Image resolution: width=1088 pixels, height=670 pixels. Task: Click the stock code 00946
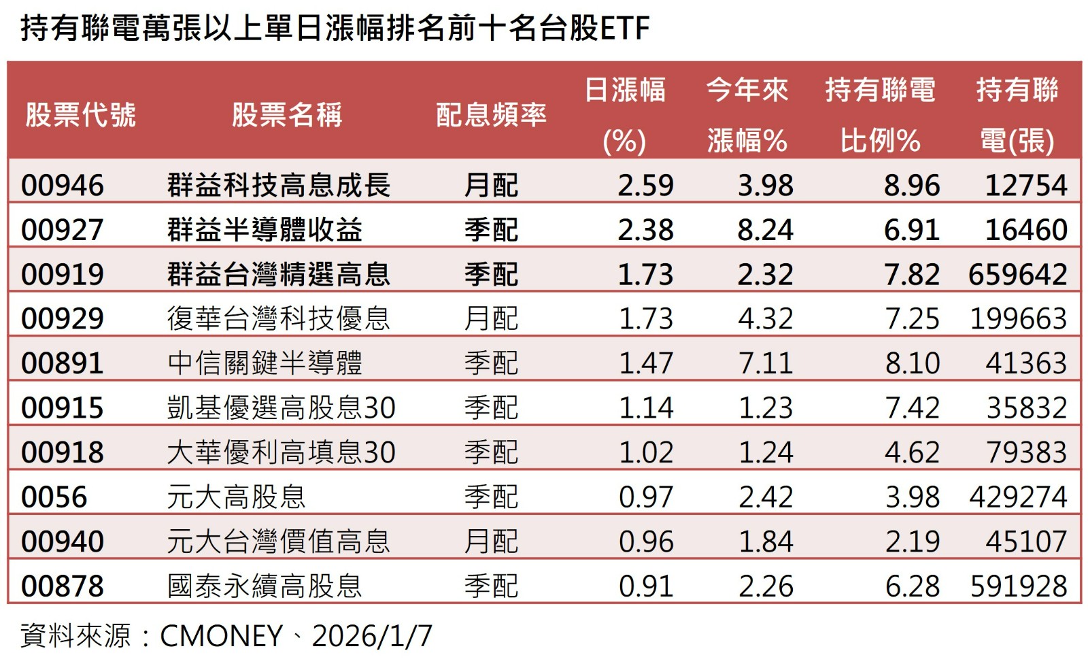tap(63, 185)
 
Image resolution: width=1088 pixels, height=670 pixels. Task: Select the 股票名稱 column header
tap(287, 115)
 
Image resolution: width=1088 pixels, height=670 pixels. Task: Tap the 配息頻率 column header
tap(491, 115)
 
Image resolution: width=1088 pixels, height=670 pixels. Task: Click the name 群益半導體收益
tap(265, 230)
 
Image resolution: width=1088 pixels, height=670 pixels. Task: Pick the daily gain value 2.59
tap(645, 185)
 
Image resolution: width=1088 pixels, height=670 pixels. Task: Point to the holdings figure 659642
tap(1017, 274)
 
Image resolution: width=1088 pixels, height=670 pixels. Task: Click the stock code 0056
tap(54, 497)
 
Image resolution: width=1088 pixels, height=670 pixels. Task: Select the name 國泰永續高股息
tap(265, 586)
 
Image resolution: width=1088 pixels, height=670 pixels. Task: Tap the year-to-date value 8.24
tap(765, 230)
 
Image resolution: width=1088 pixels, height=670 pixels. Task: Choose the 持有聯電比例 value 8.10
tap(912, 363)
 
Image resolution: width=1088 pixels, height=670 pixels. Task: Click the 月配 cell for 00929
tap(491, 318)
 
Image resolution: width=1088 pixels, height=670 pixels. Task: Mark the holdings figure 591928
tap(1018, 586)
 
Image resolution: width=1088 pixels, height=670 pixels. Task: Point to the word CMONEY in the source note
tap(221, 636)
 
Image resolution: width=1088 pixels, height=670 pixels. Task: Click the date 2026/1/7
tap(372, 636)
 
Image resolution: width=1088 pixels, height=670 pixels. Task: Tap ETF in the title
tap(625, 29)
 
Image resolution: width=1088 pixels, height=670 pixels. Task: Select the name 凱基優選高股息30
tap(281, 407)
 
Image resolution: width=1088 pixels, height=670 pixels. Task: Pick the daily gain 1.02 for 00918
tap(646, 452)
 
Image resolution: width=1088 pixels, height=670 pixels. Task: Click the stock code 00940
tap(63, 541)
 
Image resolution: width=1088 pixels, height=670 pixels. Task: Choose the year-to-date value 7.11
tap(765, 363)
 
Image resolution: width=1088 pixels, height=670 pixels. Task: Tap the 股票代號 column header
tap(81, 115)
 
